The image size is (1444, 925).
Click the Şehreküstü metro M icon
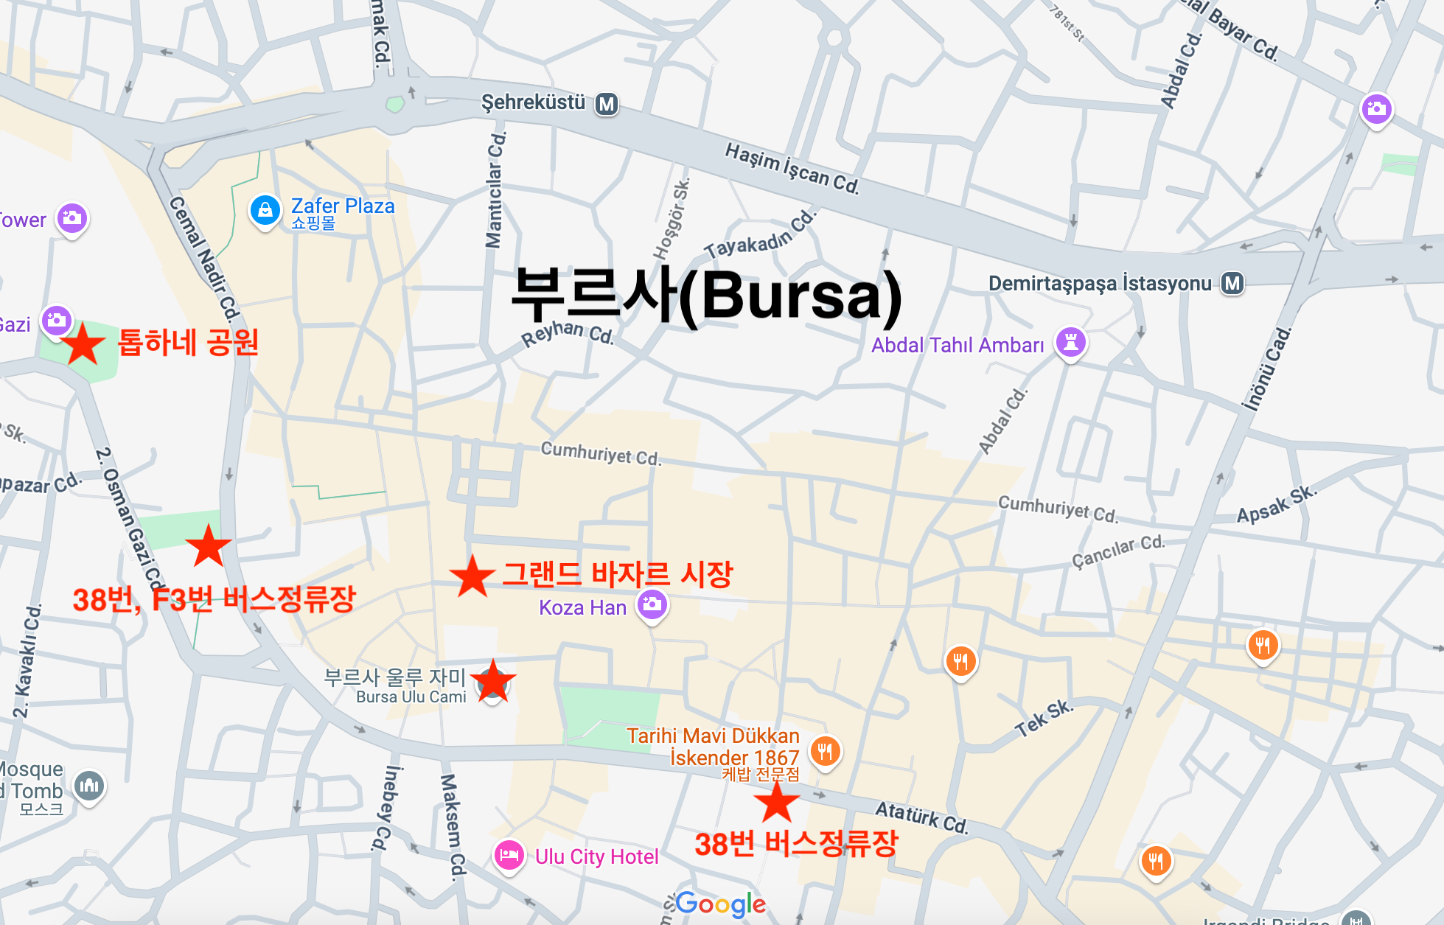tap(607, 104)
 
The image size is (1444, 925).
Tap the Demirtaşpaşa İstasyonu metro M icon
tap(1232, 283)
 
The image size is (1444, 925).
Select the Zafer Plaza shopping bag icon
tap(265, 211)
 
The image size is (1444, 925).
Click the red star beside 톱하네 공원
tap(83, 344)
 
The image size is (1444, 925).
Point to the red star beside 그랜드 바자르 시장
tap(472, 576)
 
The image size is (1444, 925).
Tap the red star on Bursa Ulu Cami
tap(492, 682)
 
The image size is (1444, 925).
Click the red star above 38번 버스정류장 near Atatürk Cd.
tap(776, 802)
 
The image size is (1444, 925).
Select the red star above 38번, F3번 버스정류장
tap(209, 545)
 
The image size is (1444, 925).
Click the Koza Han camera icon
tap(652, 605)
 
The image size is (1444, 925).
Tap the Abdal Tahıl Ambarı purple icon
tap(1071, 342)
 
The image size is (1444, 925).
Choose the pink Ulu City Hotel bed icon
tap(509, 856)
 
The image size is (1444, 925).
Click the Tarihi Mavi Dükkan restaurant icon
tap(825, 752)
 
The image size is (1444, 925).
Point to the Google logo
tap(720, 904)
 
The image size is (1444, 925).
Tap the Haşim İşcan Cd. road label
tap(792, 169)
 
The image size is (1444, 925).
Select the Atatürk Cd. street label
tap(921, 817)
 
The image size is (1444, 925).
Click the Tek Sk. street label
tap(1044, 717)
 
